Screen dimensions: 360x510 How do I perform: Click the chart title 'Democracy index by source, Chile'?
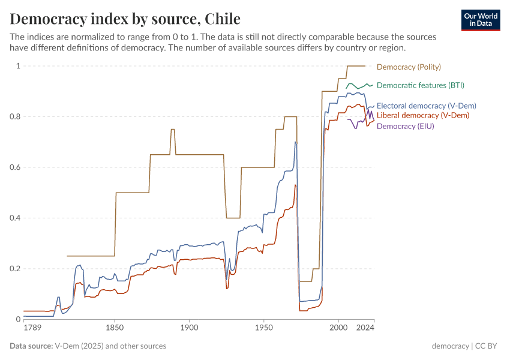[125, 18]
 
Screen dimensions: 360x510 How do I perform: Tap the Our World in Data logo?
[481, 20]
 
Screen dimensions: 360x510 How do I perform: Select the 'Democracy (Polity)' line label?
[409, 67]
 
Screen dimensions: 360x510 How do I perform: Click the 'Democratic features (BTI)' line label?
[420, 85]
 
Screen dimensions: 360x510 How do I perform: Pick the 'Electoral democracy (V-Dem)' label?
[426, 106]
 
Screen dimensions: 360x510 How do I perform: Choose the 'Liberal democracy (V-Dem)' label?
[422, 115]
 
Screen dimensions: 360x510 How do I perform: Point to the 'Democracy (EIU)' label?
[405, 126]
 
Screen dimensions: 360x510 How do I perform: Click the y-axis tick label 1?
[17, 66]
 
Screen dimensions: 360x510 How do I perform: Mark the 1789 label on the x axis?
[32, 328]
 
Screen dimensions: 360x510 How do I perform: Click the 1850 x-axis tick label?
[115, 328]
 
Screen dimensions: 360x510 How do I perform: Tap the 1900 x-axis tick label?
[189, 328]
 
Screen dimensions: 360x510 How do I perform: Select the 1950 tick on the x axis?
[263, 328]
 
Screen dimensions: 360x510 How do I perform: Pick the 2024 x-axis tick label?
[366, 328]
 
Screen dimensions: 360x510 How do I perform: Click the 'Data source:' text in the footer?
[31, 346]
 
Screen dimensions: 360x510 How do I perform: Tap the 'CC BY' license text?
[488, 346]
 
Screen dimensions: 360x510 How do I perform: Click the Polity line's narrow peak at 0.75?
[173, 129]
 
